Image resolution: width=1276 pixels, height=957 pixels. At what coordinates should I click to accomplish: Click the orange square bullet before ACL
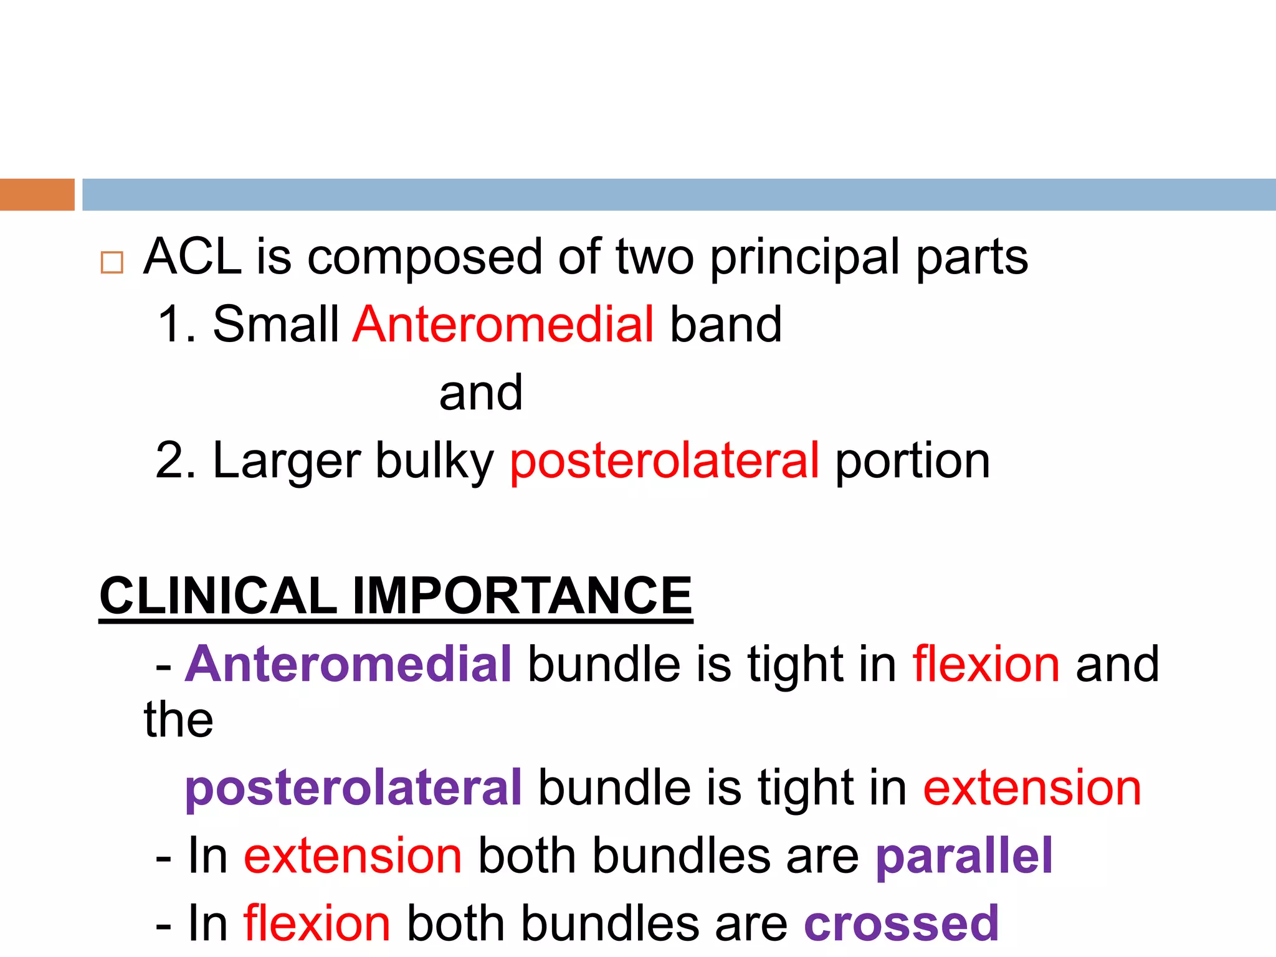click(x=112, y=263)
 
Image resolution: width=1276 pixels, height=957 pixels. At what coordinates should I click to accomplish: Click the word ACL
click(x=192, y=257)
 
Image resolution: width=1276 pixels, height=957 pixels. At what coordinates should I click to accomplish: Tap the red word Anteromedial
click(x=503, y=325)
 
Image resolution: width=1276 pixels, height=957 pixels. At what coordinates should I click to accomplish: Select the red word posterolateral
click(x=665, y=461)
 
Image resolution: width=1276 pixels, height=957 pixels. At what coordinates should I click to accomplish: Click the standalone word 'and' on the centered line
click(x=481, y=393)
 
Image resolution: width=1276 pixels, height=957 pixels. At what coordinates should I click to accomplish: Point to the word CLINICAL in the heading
click(x=218, y=596)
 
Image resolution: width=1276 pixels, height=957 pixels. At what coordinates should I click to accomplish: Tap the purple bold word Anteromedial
click(x=348, y=664)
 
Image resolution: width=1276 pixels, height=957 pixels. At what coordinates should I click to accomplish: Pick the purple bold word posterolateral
click(x=353, y=788)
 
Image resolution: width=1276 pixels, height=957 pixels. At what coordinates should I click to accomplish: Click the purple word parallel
click(x=964, y=856)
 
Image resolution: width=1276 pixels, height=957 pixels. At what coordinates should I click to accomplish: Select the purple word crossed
click(x=902, y=923)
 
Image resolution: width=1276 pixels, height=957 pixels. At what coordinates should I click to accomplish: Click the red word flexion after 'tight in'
click(x=986, y=664)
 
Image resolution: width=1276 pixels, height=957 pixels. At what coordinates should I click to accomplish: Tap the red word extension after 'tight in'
click(x=1032, y=788)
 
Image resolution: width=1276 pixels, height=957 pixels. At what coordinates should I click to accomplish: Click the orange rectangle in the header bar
click(x=37, y=194)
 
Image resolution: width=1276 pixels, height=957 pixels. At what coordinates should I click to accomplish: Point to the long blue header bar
click(x=679, y=194)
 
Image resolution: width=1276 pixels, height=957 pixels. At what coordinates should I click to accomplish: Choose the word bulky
click(x=434, y=461)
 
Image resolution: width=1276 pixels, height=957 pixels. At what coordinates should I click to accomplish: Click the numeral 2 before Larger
click(x=169, y=461)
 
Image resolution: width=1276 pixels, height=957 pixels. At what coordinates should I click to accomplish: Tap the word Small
click(x=275, y=325)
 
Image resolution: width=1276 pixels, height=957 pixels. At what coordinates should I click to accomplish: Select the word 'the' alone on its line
click(x=179, y=720)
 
